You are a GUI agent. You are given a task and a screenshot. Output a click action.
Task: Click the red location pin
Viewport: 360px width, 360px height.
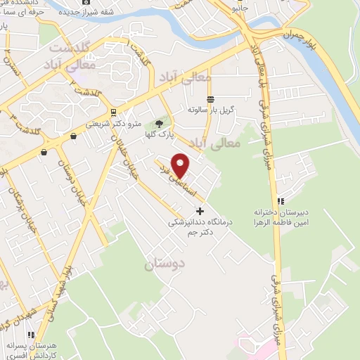(x=181, y=164)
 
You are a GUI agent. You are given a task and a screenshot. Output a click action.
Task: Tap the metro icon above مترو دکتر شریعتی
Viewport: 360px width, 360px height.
(x=113, y=112)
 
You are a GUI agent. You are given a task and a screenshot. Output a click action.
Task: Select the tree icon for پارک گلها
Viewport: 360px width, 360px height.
(x=160, y=124)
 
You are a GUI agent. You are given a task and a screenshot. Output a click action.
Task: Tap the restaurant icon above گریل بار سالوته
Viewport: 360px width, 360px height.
(x=210, y=98)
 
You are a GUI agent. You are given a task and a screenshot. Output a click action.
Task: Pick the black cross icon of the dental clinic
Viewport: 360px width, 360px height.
(x=200, y=210)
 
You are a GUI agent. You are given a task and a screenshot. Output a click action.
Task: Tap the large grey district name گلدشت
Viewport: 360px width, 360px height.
(x=70, y=48)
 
